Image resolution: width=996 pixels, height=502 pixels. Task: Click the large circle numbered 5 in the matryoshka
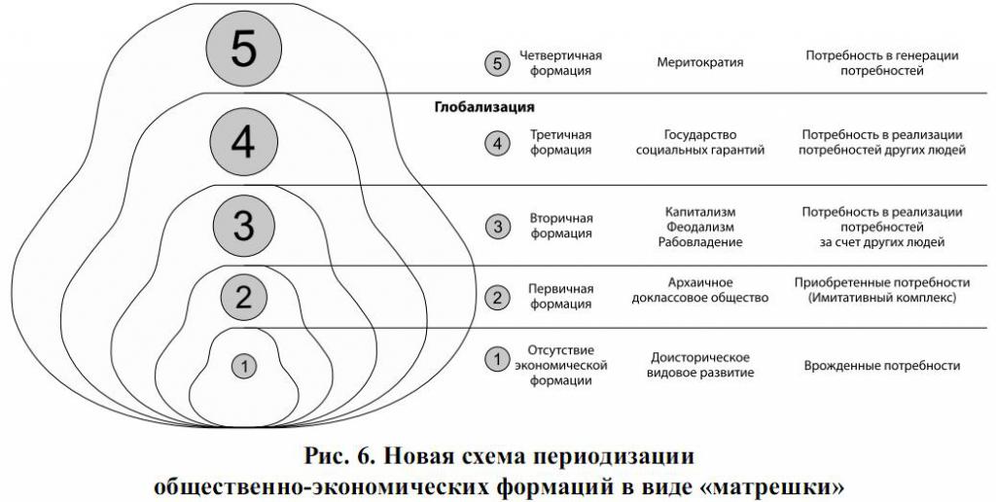[244, 49]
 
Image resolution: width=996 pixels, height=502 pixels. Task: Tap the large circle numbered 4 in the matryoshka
[243, 142]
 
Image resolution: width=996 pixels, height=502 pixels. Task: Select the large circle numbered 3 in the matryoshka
[243, 225]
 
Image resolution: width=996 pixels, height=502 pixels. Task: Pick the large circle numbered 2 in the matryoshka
[243, 296]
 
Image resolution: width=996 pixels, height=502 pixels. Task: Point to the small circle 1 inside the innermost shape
[243, 366]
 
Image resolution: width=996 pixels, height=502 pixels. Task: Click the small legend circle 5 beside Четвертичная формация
[497, 63]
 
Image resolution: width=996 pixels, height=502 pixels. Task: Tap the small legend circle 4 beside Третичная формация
[497, 144]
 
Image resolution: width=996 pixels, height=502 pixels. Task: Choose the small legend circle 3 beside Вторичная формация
[497, 227]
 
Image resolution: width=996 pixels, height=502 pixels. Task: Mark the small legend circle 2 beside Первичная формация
[497, 297]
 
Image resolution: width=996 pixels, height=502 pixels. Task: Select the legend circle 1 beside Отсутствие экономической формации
[497, 360]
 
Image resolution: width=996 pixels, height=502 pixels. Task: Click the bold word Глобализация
[484, 107]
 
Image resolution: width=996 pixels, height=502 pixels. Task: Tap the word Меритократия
[700, 62]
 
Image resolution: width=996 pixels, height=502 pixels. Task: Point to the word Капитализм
[700, 212]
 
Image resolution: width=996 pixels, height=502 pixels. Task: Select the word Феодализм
[700, 227]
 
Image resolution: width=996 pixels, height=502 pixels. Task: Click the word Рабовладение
[700, 242]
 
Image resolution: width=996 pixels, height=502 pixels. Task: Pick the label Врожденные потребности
[881, 366]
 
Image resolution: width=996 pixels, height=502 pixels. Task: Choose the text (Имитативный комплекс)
[881, 298]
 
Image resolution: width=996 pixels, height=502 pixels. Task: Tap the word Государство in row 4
[700, 134]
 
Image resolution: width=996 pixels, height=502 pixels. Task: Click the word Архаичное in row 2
[700, 282]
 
